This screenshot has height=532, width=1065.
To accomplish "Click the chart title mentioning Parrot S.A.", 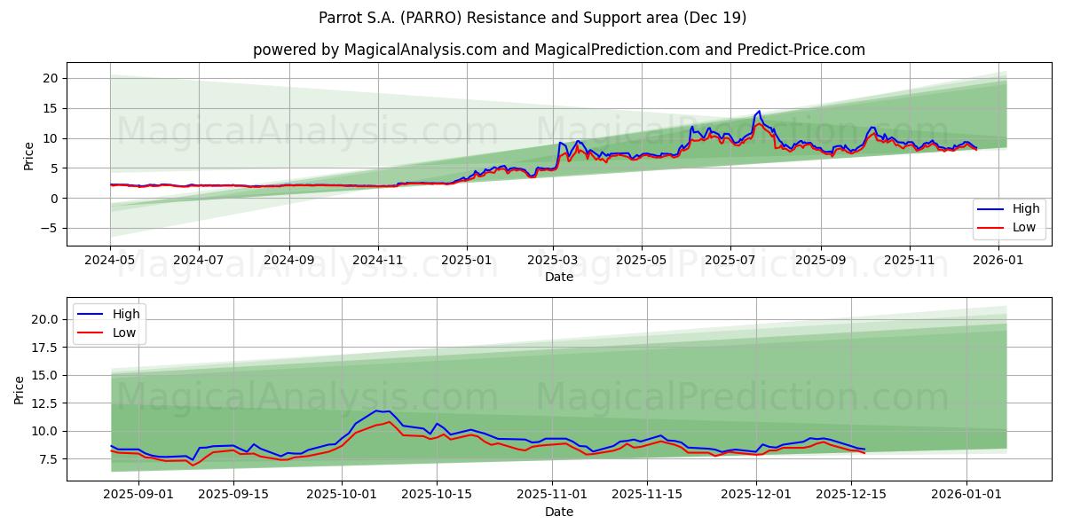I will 532,18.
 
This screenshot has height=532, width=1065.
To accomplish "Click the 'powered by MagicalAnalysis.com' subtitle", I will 559,50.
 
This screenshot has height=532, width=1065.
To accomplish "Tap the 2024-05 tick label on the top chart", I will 110,262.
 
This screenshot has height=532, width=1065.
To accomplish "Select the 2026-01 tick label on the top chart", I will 999,262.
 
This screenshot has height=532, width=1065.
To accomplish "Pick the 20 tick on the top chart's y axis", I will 51,78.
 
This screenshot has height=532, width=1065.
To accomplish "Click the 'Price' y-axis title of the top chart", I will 28,156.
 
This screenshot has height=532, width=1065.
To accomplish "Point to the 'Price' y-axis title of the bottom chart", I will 20,389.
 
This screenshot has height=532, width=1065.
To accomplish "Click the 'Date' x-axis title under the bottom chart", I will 559,512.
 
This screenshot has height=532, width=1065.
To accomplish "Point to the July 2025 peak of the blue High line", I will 759,112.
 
